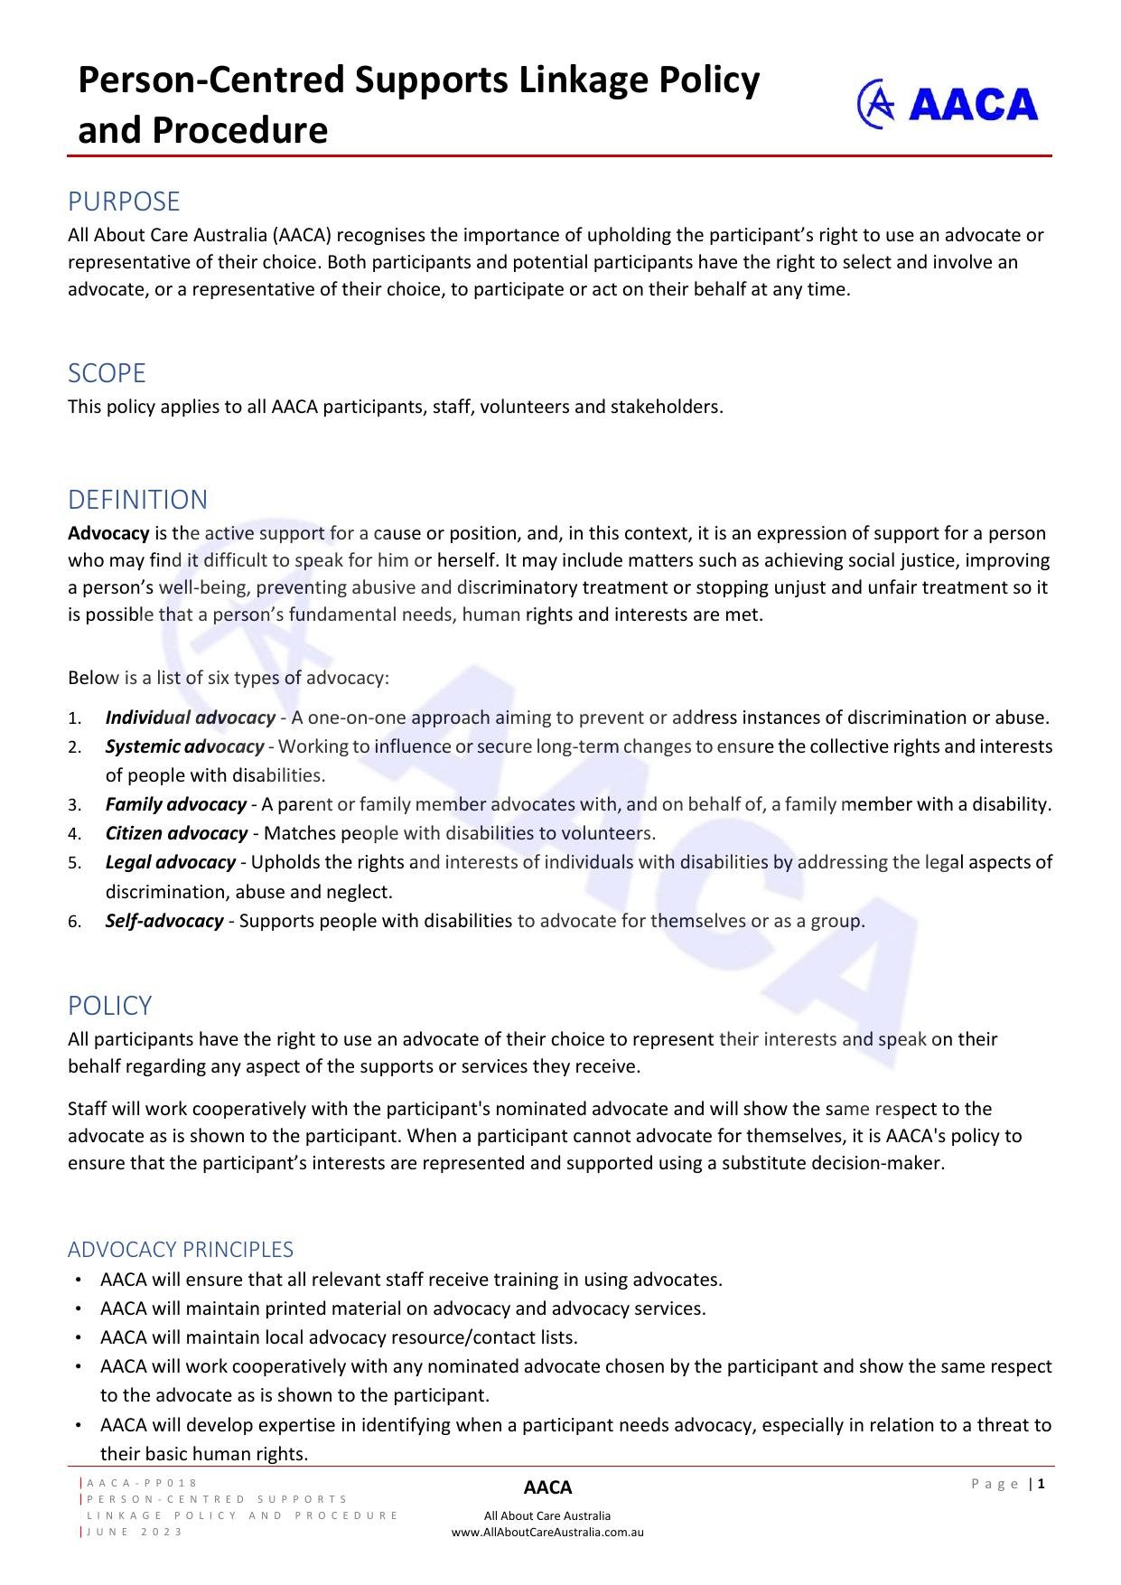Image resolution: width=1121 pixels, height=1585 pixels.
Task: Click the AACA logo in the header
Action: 948,104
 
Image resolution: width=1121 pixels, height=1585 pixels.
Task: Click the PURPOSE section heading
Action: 124,201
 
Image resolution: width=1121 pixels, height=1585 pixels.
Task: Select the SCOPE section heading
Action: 107,372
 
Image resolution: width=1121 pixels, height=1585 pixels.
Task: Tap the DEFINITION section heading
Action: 137,499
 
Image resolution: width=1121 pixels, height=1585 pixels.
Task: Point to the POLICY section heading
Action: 109,1005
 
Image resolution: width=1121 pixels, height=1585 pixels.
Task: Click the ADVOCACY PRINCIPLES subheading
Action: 181,1249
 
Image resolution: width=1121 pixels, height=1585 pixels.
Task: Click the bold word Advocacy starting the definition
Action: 108,532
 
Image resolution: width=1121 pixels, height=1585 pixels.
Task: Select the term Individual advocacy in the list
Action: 190,717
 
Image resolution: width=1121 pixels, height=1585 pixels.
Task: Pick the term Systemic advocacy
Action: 184,746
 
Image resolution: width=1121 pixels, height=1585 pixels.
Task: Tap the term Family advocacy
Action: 175,804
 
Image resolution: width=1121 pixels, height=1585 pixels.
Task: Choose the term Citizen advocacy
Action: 176,833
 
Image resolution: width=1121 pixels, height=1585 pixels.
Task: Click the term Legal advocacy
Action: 170,862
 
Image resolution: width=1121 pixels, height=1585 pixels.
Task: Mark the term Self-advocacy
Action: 163,921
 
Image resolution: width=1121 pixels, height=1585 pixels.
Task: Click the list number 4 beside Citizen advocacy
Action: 74,834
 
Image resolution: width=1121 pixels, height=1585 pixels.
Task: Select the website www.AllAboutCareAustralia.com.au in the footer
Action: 547,1532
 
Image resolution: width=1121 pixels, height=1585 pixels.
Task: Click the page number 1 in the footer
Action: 1042,1483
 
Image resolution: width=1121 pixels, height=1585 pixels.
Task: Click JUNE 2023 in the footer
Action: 135,1532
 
